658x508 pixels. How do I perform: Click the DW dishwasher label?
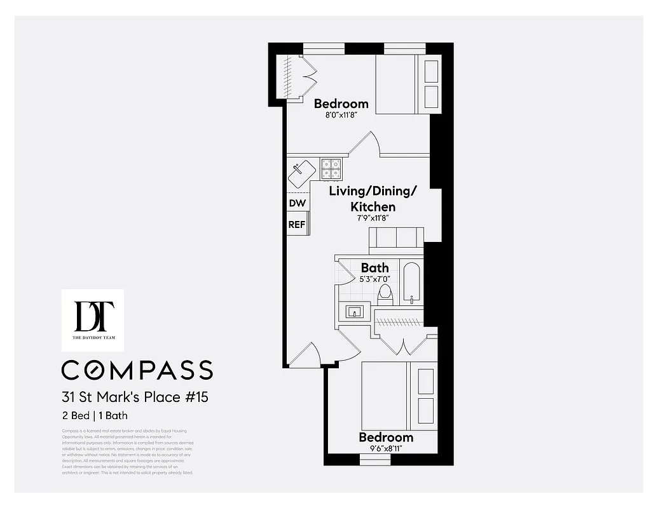pos(298,203)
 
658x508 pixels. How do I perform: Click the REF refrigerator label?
pos(297,224)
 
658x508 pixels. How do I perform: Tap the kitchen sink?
pos(301,173)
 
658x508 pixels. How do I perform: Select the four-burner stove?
pos(332,168)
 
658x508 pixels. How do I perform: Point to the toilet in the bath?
pos(385,294)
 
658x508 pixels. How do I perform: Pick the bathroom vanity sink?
pos(354,311)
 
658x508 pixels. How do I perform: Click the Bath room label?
pos(374,267)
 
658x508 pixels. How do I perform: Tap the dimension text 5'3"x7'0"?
pos(374,278)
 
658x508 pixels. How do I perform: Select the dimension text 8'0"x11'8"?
pos(341,116)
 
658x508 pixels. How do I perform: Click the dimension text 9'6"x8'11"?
pos(385,448)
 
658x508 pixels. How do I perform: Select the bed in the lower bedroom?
pos(399,396)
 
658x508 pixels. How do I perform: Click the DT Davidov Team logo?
pos(93,320)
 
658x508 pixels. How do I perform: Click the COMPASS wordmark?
pos(137,370)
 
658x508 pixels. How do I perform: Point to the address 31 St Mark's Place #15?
pos(135,398)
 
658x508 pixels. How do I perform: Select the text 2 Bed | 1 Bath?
pos(95,416)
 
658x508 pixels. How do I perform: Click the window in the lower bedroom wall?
pos(375,460)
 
